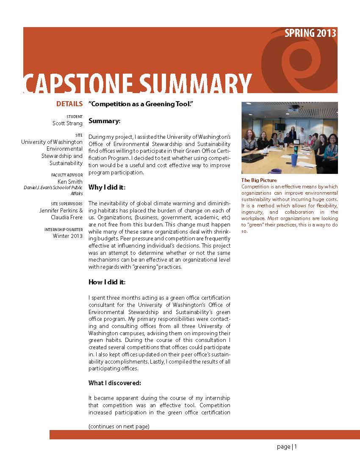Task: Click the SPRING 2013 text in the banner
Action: pyautogui.click(x=310, y=33)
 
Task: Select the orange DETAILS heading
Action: pyautogui.click(x=69, y=104)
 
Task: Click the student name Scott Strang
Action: pyautogui.click(x=67, y=124)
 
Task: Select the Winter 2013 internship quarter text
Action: pyautogui.click(x=68, y=236)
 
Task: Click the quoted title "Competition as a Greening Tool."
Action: pyautogui.click(x=141, y=104)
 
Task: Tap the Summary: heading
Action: pyautogui.click(x=105, y=121)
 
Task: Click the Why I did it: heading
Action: pyautogui.click(x=107, y=188)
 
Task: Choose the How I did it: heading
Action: pyautogui.click(x=107, y=282)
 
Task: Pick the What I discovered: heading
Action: pyautogui.click(x=115, y=383)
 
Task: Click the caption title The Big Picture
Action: pyautogui.click(x=259, y=180)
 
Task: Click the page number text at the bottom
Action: pyautogui.click(x=287, y=447)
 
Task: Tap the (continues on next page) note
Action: pyautogui.click(x=119, y=426)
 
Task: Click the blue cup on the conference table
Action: pyautogui.click(x=294, y=160)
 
